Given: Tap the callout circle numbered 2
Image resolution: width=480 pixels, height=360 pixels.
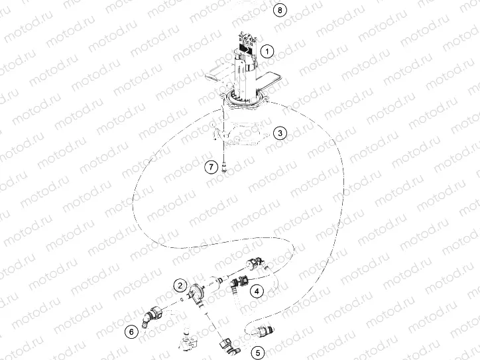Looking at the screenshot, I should point(179,286).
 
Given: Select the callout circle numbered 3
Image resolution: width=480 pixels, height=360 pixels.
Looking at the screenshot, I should point(280,133).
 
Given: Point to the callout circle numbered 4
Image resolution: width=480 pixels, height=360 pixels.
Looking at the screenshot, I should point(255,290).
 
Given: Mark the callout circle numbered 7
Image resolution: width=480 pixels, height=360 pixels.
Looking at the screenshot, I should point(211,167).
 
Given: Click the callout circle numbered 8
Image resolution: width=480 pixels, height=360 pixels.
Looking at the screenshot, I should point(281,10).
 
